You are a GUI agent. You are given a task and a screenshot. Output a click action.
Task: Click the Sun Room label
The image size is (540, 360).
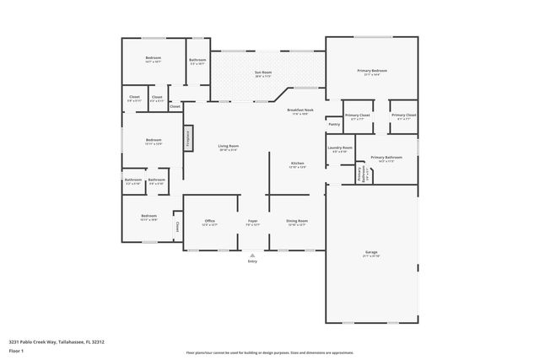(x=263, y=73)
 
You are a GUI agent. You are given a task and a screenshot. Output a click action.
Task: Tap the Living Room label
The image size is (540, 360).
(x=228, y=148)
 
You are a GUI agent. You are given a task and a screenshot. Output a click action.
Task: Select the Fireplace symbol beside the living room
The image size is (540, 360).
(x=187, y=137)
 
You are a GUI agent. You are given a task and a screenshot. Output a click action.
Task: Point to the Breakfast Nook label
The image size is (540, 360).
(x=300, y=111)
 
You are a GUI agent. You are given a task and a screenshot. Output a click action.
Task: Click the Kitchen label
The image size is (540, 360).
(x=297, y=164)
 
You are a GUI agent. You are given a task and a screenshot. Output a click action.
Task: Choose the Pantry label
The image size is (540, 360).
(x=334, y=125)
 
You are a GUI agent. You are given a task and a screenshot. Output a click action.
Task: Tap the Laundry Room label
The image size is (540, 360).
(x=340, y=148)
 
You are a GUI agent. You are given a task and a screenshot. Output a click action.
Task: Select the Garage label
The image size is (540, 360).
(x=370, y=252)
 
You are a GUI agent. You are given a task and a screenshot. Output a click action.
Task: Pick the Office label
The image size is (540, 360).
(x=209, y=222)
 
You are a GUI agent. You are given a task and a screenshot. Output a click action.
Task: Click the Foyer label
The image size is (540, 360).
(x=252, y=222)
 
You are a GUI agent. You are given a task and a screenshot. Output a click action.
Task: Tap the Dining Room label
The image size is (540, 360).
(x=296, y=222)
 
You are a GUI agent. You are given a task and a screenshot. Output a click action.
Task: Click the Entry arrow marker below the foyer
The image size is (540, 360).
(x=252, y=255)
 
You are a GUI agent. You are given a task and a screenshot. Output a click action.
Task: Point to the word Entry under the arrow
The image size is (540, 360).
(x=252, y=262)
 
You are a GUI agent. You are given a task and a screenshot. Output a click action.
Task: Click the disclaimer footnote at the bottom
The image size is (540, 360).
(x=270, y=352)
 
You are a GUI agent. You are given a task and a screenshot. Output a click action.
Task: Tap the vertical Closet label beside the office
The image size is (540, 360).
(x=177, y=226)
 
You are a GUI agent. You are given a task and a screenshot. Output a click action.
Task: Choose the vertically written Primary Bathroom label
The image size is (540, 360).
(x=360, y=175)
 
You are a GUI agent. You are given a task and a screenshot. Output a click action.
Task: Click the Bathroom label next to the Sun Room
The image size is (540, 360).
(x=197, y=61)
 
